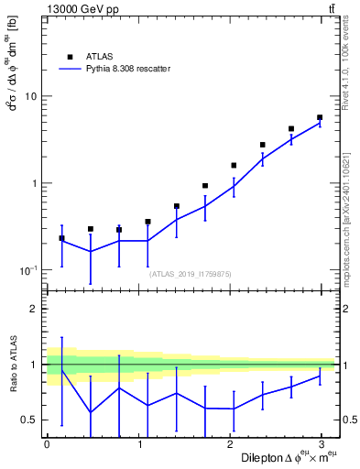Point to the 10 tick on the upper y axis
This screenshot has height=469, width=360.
pyautogui.click(x=31, y=96)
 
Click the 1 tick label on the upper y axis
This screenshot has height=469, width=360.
pyautogui.click(x=35, y=183)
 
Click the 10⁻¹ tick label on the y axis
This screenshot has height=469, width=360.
pyautogui.click(x=29, y=270)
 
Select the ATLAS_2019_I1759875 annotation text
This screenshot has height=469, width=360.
pyautogui.click(x=191, y=273)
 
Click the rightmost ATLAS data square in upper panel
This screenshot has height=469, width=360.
pyautogui.click(x=320, y=117)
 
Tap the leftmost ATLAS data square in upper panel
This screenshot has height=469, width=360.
pyautogui.click(x=61, y=238)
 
